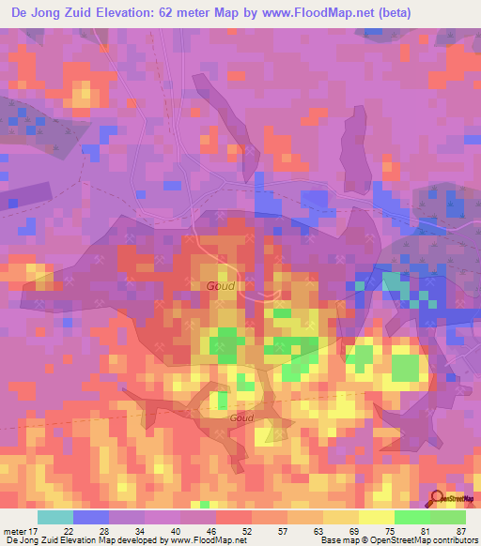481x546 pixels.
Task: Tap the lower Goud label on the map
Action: tap(241, 418)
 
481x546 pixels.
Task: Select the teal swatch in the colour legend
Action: tap(54, 517)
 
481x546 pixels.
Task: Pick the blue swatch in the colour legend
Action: tap(90, 517)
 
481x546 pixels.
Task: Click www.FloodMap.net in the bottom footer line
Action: tap(210, 539)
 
